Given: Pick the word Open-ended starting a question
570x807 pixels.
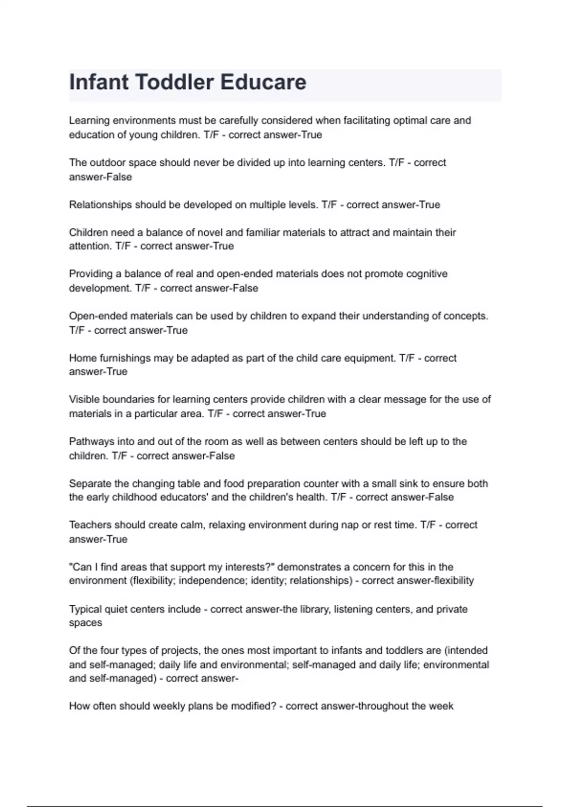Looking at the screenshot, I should tap(98, 316).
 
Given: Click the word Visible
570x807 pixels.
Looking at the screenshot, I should tap(84, 399).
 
